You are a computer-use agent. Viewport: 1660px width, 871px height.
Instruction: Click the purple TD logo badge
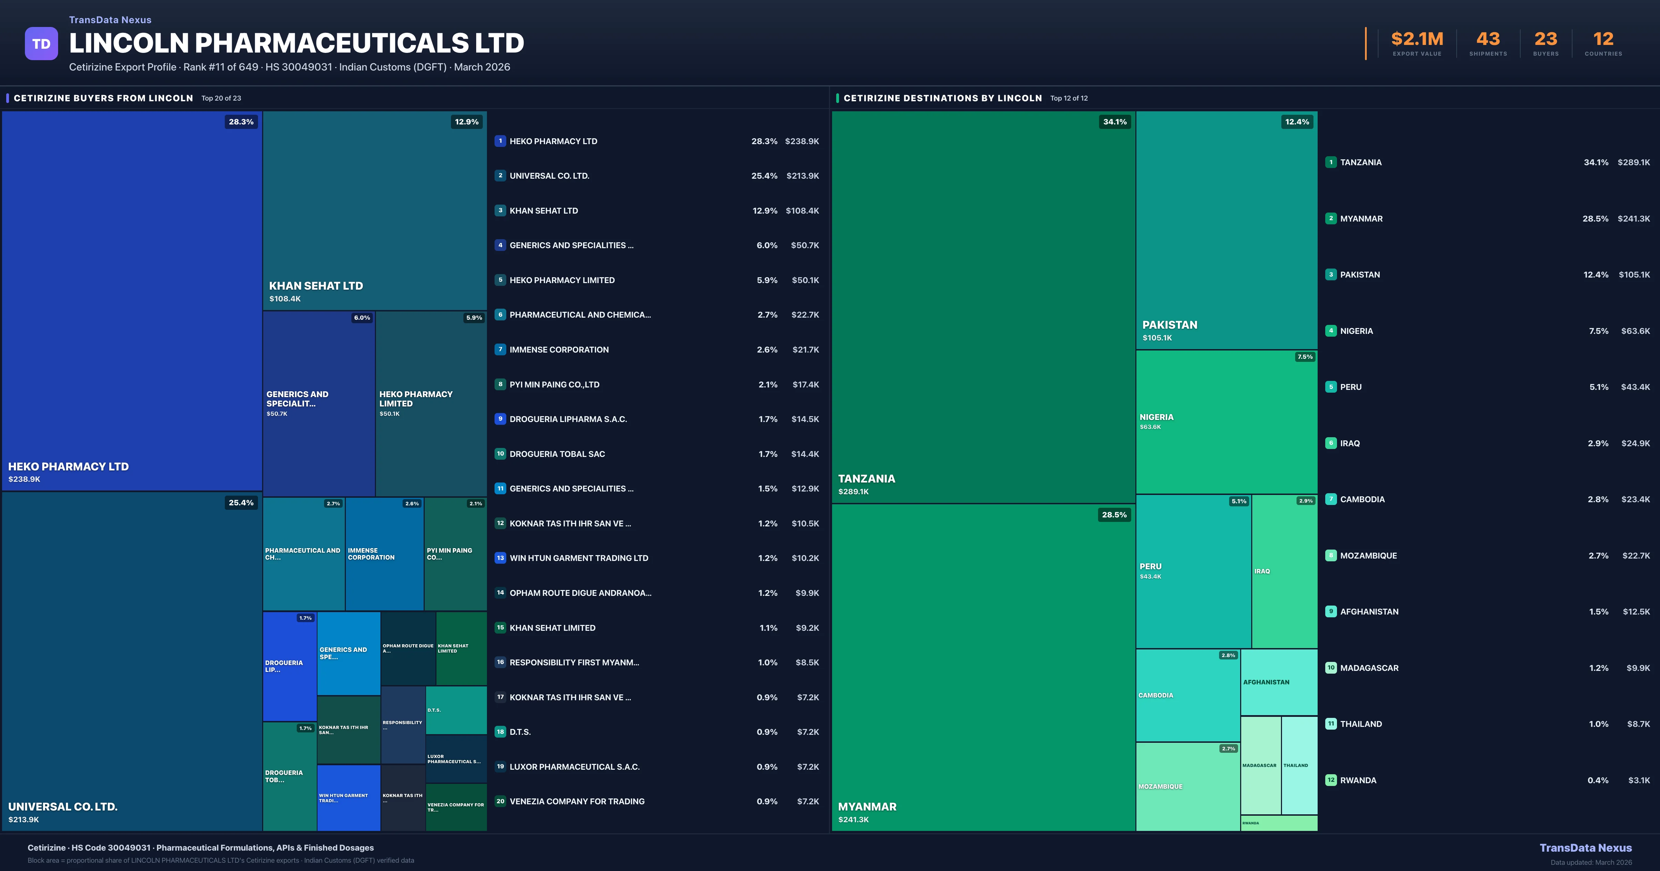[x=41, y=44]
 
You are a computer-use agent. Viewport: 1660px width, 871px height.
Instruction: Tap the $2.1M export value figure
[x=1417, y=39]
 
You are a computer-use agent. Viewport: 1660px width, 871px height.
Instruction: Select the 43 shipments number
[x=1488, y=39]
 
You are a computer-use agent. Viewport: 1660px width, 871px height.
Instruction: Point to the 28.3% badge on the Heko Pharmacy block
[x=241, y=122]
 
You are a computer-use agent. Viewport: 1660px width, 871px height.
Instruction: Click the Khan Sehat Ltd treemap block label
[x=316, y=285]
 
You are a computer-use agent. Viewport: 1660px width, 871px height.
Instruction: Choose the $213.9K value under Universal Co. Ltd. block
[x=24, y=820]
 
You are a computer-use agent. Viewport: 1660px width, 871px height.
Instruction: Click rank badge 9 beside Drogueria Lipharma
[x=500, y=419]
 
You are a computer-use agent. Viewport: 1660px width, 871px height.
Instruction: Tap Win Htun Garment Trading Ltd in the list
[x=579, y=558]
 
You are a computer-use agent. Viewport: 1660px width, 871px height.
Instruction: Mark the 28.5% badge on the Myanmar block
[x=1114, y=515]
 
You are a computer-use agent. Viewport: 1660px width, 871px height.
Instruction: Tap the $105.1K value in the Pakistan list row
[x=1634, y=274]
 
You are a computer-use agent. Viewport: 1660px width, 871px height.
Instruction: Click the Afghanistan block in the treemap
[x=1279, y=682]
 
